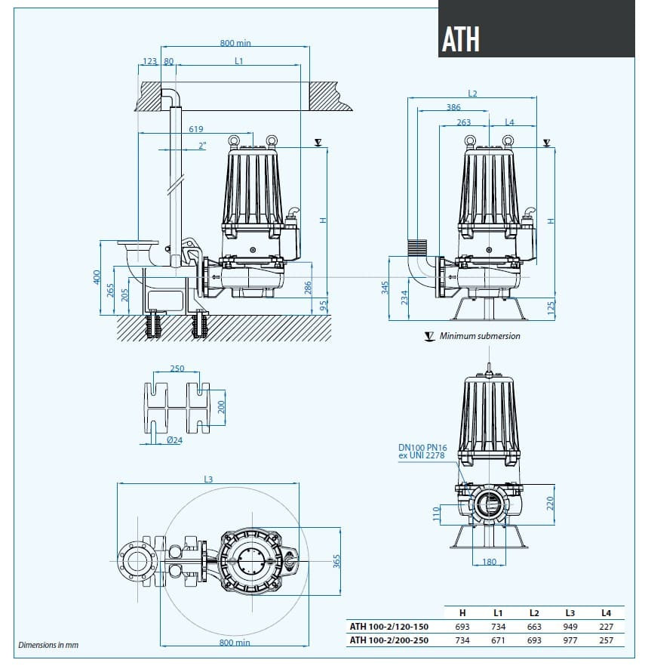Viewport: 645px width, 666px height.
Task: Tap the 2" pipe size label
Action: (x=201, y=146)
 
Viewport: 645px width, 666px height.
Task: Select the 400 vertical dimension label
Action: (x=97, y=278)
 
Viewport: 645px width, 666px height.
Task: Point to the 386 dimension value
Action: (x=453, y=107)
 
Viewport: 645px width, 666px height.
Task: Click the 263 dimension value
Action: (x=463, y=122)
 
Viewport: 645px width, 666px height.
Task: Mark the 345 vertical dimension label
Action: (x=384, y=287)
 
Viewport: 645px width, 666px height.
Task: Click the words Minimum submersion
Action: (x=480, y=336)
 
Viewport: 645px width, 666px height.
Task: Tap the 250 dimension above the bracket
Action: (x=177, y=368)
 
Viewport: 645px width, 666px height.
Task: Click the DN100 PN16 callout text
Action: (x=422, y=448)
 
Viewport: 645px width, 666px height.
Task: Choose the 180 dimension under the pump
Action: (x=490, y=561)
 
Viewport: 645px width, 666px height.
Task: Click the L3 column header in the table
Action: (x=570, y=612)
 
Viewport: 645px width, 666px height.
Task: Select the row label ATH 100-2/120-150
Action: (x=389, y=627)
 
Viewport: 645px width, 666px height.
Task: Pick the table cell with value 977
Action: (x=570, y=640)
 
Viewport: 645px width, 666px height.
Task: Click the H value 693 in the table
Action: (x=462, y=627)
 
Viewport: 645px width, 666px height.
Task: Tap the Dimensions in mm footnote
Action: (x=48, y=645)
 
